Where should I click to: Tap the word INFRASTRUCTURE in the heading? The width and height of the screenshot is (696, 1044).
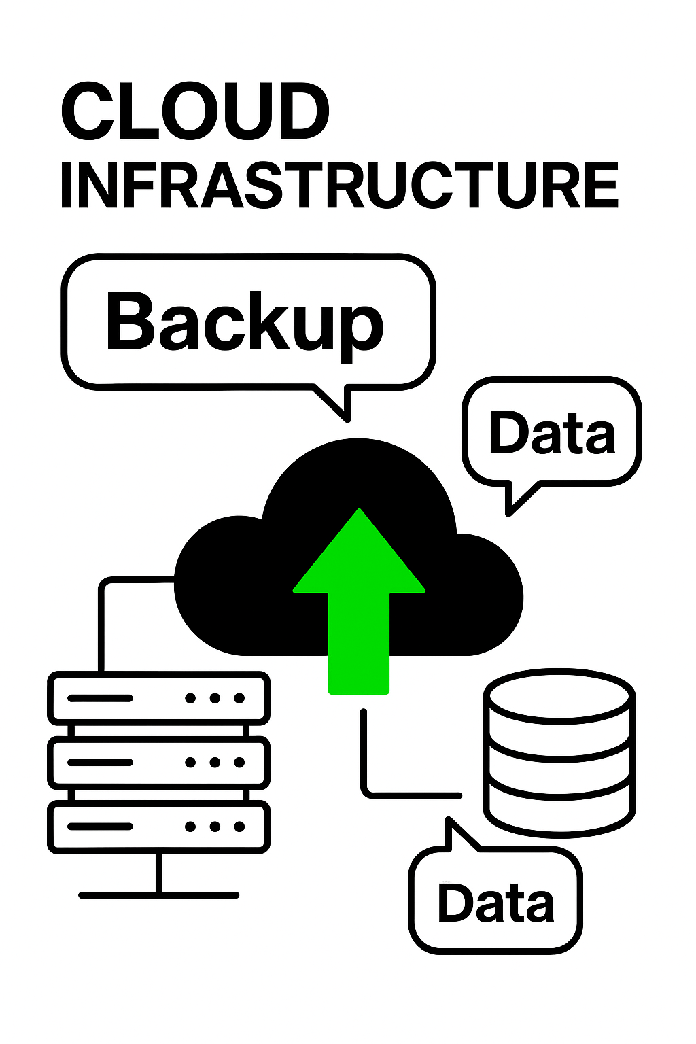tap(339, 186)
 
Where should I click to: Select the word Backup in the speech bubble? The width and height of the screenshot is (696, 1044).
tap(245, 321)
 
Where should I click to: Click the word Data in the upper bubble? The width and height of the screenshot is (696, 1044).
tap(552, 432)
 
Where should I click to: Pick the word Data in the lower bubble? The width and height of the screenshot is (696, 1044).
tap(495, 903)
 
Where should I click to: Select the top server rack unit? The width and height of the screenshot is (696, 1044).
tap(158, 698)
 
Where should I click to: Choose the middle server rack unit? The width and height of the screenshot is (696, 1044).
tap(158, 763)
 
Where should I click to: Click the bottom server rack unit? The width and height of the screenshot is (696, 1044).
tap(158, 826)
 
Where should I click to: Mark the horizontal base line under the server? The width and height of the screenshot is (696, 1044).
tap(158, 895)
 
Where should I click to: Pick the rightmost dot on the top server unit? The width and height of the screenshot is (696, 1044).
tap(239, 698)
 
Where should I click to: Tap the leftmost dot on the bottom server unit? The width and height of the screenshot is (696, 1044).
tap(190, 826)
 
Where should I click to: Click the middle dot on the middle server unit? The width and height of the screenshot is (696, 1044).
tap(215, 763)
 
